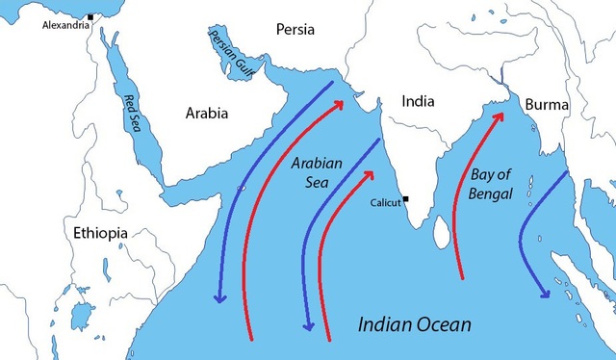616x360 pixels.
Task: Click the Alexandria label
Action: tap(64, 25)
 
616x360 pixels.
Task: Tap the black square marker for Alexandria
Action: tap(90, 16)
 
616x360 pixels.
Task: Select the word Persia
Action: tap(295, 29)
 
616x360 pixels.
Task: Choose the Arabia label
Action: tap(207, 114)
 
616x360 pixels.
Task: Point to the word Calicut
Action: tap(387, 203)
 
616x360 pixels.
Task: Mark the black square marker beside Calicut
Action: tap(407, 199)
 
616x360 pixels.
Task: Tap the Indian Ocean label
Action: tap(414, 325)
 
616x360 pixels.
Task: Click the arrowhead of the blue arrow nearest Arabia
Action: tap(219, 298)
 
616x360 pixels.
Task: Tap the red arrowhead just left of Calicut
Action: tap(370, 174)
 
